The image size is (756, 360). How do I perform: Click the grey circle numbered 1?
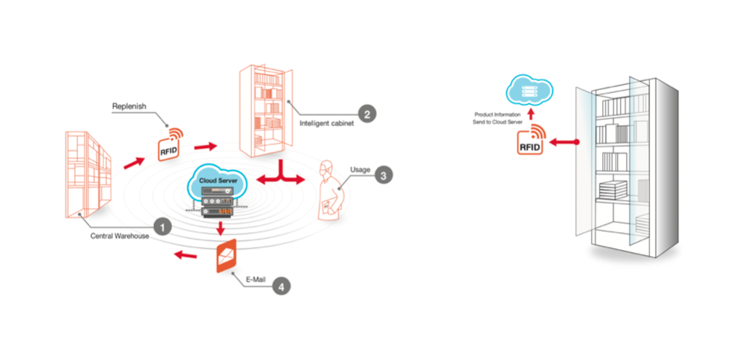point(162,226)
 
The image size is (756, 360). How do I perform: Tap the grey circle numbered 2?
point(367,114)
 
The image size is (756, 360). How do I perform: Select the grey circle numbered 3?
point(383,176)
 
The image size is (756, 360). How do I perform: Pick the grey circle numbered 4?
point(282,286)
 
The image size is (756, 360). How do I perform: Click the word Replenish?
point(128,106)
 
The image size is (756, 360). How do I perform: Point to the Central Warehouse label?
point(119,237)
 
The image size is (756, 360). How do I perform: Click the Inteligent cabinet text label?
point(327,123)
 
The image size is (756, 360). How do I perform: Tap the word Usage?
point(361,170)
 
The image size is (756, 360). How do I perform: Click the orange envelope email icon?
point(227,256)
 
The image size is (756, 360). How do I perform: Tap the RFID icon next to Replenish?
point(170,144)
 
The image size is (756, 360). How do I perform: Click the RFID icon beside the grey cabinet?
point(531,140)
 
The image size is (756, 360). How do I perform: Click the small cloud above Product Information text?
point(529,92)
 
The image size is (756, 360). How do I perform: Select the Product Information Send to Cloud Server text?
point(497,119)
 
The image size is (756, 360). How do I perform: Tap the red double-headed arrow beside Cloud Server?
point(281,176)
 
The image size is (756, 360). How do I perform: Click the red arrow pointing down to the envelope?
point(221,227)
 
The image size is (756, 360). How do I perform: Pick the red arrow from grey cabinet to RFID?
point(564,142)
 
